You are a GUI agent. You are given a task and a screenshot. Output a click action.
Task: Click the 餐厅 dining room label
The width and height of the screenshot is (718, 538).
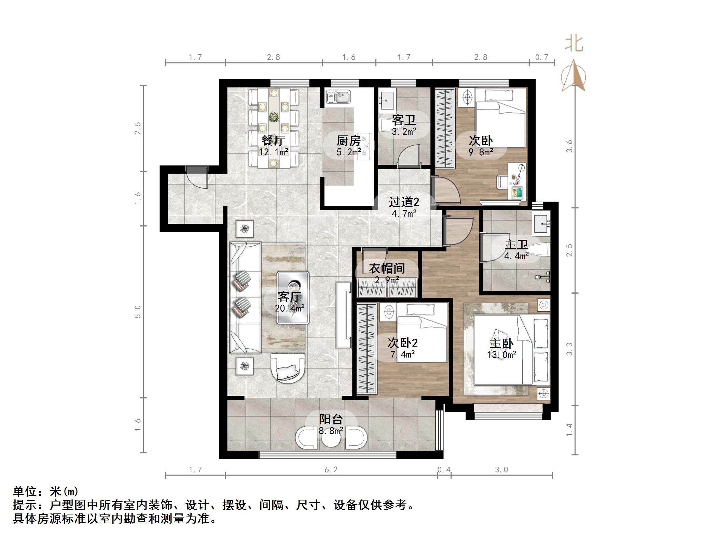(x=273, y=140)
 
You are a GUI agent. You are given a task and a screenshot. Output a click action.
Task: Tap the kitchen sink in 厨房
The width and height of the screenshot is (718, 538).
(x=338, y=97)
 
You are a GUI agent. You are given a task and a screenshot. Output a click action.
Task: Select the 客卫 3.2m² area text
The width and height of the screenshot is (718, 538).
(x=404, y=132)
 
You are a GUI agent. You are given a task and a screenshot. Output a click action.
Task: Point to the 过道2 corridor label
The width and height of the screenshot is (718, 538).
(x=404, y=202)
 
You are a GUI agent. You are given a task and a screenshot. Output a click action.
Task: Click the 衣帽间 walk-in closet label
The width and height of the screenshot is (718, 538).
(x=387, y=268)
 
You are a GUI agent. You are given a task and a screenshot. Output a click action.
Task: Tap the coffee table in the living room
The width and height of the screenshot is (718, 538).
(x=293, y=297)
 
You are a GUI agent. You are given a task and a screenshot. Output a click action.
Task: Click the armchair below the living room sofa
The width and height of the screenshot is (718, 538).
(x=288, y=368)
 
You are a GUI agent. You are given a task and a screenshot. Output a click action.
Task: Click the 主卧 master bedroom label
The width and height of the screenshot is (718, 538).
(x=501, y=344)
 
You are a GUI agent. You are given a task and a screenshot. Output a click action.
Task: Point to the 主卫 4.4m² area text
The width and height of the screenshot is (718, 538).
(x=516, y=255)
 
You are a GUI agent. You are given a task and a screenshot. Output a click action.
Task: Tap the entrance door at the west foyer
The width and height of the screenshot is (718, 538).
(x=197, y=177)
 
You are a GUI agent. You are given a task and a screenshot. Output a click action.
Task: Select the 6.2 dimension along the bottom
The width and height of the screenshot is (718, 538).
(x=331, y=470)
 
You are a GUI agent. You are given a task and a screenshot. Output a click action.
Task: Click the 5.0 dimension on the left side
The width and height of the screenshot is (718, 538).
(x=138, y=311)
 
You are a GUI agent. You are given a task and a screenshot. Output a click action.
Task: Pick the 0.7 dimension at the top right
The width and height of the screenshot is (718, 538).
(x=541, y=57)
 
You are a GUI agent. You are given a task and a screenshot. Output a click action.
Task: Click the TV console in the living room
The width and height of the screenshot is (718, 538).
(x=344, y=315)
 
